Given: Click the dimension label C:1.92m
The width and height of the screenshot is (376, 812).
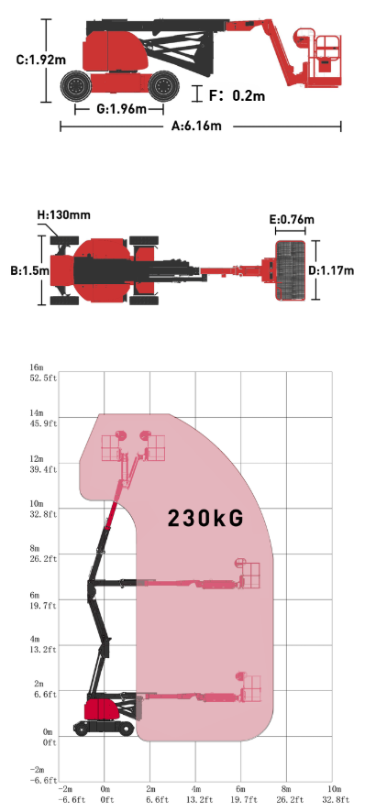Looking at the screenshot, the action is [x=40, y=60].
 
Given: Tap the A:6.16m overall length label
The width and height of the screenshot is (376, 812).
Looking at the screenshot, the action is [x=197, y=126].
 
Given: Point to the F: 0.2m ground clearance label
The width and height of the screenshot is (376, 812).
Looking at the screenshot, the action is [x=237, y=96].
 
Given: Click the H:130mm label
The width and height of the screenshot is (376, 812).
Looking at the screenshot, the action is [x=63, y=214].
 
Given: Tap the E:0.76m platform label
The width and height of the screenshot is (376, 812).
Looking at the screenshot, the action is [x=292, y=220].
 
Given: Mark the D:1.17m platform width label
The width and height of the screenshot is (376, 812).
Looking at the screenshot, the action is [x=331, y=270].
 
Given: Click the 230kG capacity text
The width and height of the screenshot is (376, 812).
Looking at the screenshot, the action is [x=205, y=518].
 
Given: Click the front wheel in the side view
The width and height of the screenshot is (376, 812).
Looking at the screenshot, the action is [x=163, y=85].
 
